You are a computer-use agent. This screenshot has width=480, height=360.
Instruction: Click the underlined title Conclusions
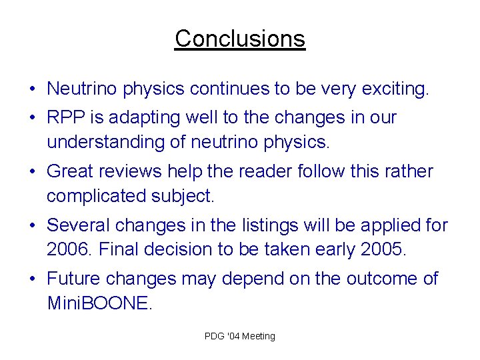240,39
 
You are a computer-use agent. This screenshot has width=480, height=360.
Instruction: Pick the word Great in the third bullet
70,171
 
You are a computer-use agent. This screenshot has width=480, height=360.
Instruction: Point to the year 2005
382,249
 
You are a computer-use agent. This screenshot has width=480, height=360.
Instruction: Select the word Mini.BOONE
99,303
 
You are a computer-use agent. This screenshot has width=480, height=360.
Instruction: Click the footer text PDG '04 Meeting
240,336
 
